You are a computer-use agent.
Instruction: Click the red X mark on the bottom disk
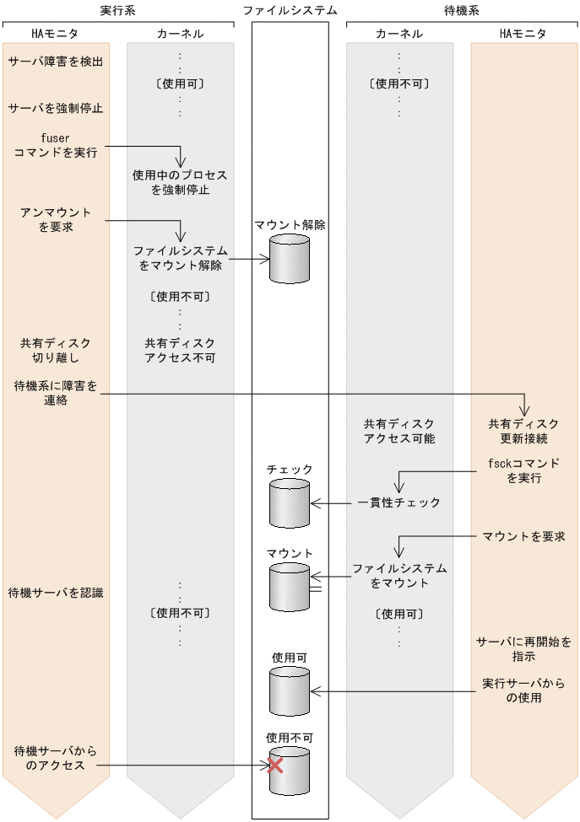pos(274,766)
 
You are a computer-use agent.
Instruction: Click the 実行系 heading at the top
pos(119,10)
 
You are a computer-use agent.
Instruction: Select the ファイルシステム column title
pos(290,10)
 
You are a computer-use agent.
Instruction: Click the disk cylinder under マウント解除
pos(290,259)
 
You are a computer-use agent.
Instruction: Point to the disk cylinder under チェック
pos(290,502)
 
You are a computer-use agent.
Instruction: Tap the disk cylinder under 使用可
pos(290,690)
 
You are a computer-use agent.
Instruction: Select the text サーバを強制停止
pos(56,109)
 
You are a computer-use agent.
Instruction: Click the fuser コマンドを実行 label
pos(56,145)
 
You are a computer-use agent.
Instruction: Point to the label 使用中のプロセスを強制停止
pos(180,183)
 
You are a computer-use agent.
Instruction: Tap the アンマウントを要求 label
pos(56,219)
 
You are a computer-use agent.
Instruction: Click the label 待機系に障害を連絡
pos(56,393)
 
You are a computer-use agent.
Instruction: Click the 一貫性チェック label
pos(398,502)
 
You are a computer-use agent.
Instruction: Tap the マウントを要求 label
pos(523,535)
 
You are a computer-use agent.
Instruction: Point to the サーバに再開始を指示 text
pos(523,649)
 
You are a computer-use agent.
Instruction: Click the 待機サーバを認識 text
pos(56,593)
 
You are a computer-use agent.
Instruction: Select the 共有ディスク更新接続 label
pos(523,431)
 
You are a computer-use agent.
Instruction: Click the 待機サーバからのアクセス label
pos(56,758)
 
